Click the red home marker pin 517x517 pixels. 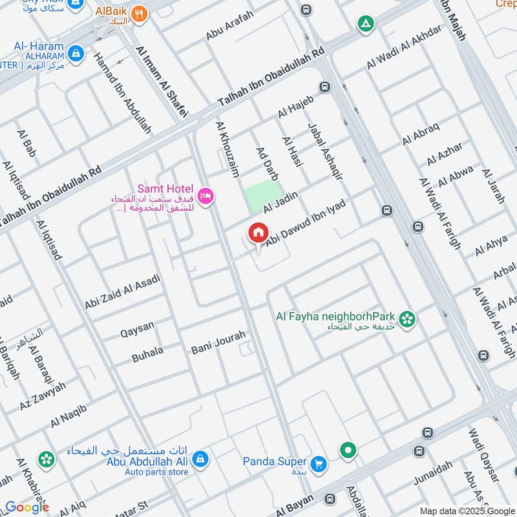pyautogui.click(x=258, y=233)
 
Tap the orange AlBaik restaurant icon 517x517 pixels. pyautogui.click(x=138, y=13)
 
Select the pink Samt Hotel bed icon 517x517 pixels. pyautogui.click(x=206, y=195)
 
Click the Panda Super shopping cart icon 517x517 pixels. pyautogui.click(x=318, y=463)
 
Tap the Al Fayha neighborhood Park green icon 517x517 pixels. pyautogui.click(x=407, y=319)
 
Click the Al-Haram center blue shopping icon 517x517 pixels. pyautogui.click(x=76, y=52)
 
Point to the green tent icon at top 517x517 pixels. pyautogui.click(x=366, y=25)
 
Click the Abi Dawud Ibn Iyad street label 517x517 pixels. pyautogui.click(x=306, y=221)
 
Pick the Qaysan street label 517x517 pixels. pyautogui.click(x=138, y=329)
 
